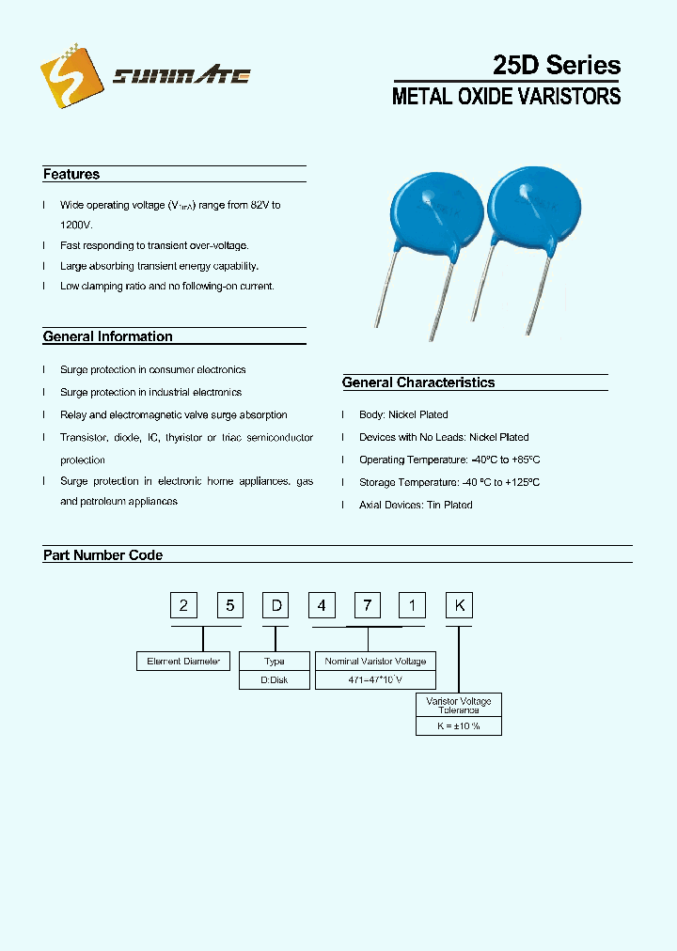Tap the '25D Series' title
pos(557,65)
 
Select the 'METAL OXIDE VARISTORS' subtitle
pos(506,96)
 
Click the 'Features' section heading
pos(71,174)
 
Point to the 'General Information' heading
pos(108,336)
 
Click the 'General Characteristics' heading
pos(418,382)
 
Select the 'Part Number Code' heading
pos(102,555)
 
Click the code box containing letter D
pos(277,605)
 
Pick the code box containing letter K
pos(460,605)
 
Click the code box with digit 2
pos(183,605)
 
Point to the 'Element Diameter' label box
pos(183,662)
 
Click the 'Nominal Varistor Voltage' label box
pos(375,662)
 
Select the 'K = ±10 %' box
pos(459,726)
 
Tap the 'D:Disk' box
pos(275,680)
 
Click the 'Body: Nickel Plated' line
pos(403,414)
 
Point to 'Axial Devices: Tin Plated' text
pos(416,505)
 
